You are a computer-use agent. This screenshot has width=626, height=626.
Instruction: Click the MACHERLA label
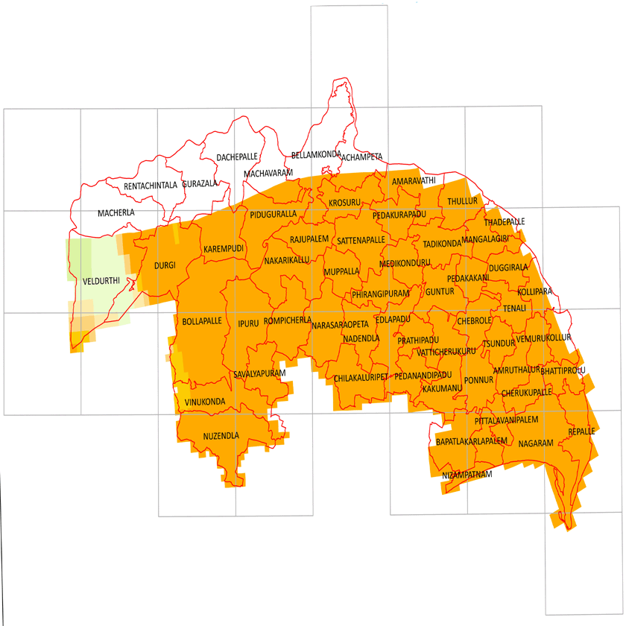pyautogui.click(x=116, y=213)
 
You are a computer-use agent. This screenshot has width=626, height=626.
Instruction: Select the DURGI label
pyautogui.click(x=164, y=265)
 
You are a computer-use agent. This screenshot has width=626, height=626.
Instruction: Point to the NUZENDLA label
pyautogui.click(x=221, y=435)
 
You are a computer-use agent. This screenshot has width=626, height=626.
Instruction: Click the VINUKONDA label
pyautogui.click(x=205, y=402)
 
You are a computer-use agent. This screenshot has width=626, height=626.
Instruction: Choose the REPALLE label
pyautogui.click(x=581, y=431)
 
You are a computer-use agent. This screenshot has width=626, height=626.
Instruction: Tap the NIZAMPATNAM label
pyautogui.click(x=467, y=475)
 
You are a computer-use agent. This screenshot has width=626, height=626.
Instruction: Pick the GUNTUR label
pyautogui.click(x=440, y=291)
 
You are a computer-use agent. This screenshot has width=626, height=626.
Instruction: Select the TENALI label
pyautogui.click(x=514, y=308)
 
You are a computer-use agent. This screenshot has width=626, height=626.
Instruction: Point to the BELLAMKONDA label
pyautogui.click(x=316, y=155)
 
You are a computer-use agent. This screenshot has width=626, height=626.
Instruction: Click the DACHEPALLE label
pyautogui.click(x=237, y=157)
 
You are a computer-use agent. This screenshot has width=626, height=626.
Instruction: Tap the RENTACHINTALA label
pyautogui.click(x=151, y=186)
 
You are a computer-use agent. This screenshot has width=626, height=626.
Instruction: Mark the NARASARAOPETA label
pyautogui.click(x=340, y=326)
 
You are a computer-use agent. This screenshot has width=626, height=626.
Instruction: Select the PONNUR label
pyautogui.click(x=479, y=380)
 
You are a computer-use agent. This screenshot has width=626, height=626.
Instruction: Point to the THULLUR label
pyautogui.click(x=462, y=201)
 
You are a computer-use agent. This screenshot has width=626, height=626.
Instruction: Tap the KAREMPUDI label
pyautogui.click(x=224, y=248)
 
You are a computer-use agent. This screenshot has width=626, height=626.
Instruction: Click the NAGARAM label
pyautogui.click(x=536, y=443)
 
